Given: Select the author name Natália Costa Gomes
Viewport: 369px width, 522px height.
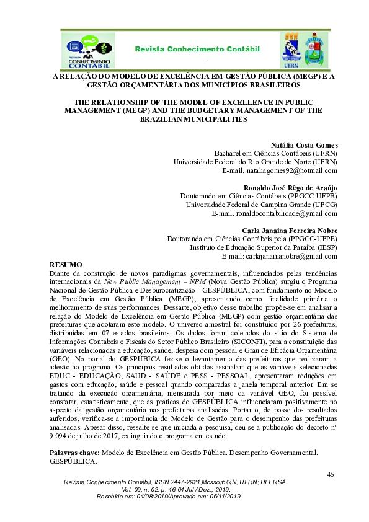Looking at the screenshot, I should point(305,144).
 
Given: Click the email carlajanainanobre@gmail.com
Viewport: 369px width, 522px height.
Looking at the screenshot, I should point(280,256).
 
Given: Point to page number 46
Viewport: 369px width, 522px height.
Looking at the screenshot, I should point(330,474).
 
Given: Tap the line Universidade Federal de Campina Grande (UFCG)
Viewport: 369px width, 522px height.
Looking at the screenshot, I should point(262,204).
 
